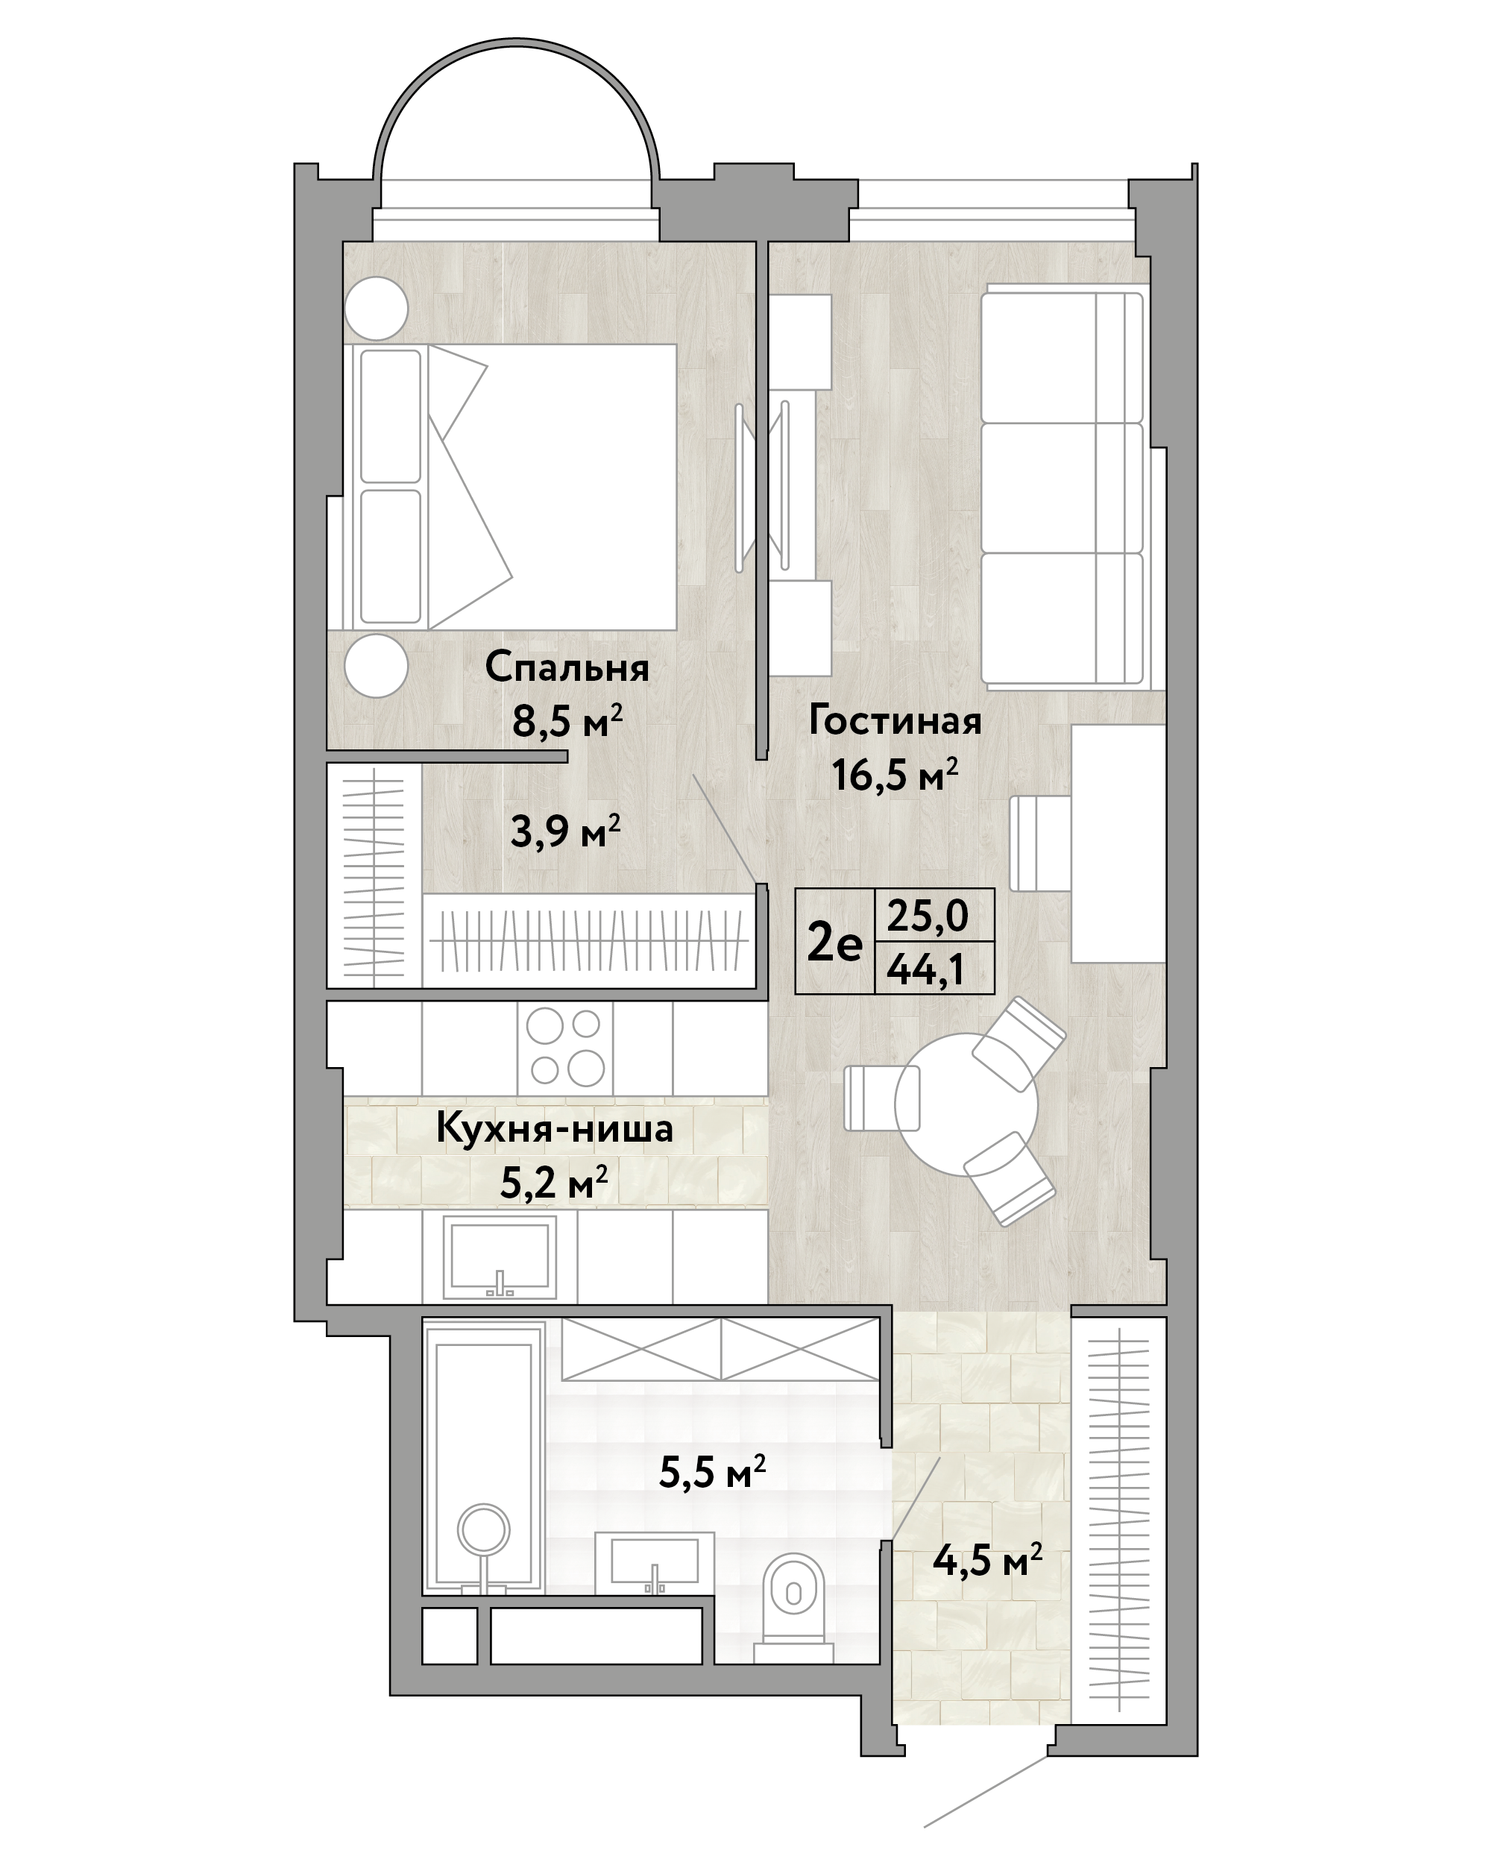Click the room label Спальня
tap(567, 668)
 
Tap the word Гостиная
tap(895, 720)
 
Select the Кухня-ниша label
tap(555, 1129)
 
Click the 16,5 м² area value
tap(895, 774)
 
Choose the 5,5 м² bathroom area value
tap(712, 1471)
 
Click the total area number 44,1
tap(925, 972)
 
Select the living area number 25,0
tap(928, 915)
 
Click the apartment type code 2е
tap(834, 943)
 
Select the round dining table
tap(966, 1104)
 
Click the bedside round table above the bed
tap(377, 308)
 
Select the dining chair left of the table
tap(881, 1097)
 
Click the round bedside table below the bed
tap(377, 665)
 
